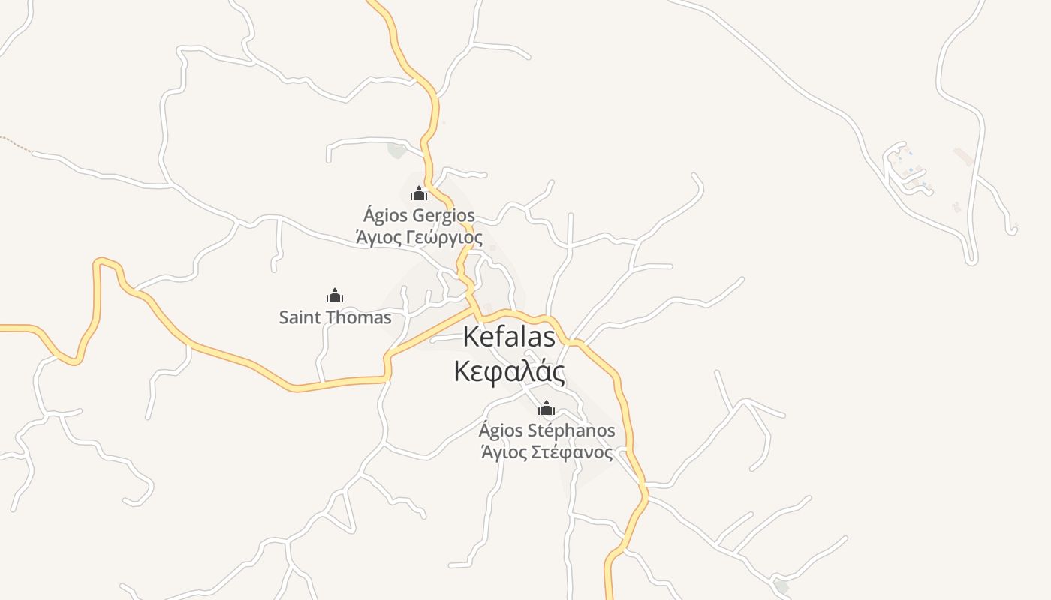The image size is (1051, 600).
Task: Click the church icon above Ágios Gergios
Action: coord(418,194)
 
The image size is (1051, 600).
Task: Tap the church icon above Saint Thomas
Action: coord(335,295)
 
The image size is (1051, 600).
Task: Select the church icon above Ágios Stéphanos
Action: coord(547,408)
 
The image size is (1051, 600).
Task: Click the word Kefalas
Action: coord(509,337)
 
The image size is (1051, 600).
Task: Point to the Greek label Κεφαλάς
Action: coord(509,371)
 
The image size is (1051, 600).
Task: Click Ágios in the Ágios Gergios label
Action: coord(381,216)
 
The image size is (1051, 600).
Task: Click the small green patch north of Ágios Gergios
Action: coord(397,150)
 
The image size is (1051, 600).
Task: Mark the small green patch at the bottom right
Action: coord(782,586)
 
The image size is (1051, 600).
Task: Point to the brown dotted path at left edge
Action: coord(15,143)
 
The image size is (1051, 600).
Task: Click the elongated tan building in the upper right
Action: coord(964,157)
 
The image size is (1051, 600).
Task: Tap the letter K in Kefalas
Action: coord(471,337)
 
